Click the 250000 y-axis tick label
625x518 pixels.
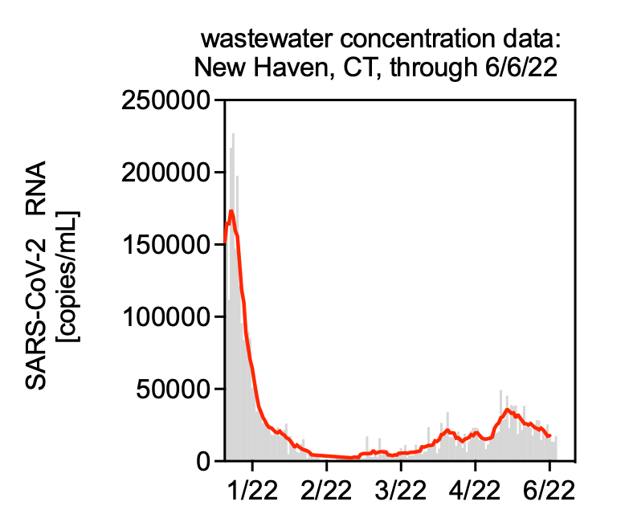tap(166, 100)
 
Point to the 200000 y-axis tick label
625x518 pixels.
tap(166, 173)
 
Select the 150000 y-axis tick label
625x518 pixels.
tap(166, 245)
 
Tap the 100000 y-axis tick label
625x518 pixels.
tap(166, 317)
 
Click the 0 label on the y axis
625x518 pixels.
tap(202, 462)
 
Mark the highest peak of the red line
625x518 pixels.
tap(231, 211)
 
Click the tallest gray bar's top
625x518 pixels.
tap(233, 134)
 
